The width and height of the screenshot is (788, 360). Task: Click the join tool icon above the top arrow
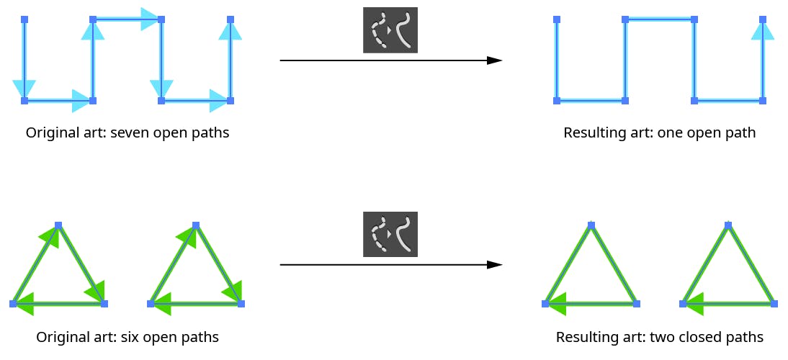(x=390, y=30)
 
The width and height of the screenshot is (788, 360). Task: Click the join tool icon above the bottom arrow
(x=390, y=235)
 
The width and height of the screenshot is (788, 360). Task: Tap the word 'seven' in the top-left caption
(x=130, y=133)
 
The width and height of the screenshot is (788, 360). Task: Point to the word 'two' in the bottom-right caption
(x=662, y=337)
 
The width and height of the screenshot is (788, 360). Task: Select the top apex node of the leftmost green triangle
(x=58, y=225)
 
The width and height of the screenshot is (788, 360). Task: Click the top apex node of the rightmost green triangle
(x=728, y=225)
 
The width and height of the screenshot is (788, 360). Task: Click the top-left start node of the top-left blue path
(x=24, y=19)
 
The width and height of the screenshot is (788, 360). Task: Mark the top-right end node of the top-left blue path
(x=230, y=19)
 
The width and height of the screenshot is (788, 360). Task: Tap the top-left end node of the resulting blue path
(x=556, y=19)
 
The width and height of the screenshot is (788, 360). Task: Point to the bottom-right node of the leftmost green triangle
(x=104, y=304)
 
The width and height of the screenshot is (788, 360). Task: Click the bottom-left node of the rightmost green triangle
(x=683, y=304)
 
